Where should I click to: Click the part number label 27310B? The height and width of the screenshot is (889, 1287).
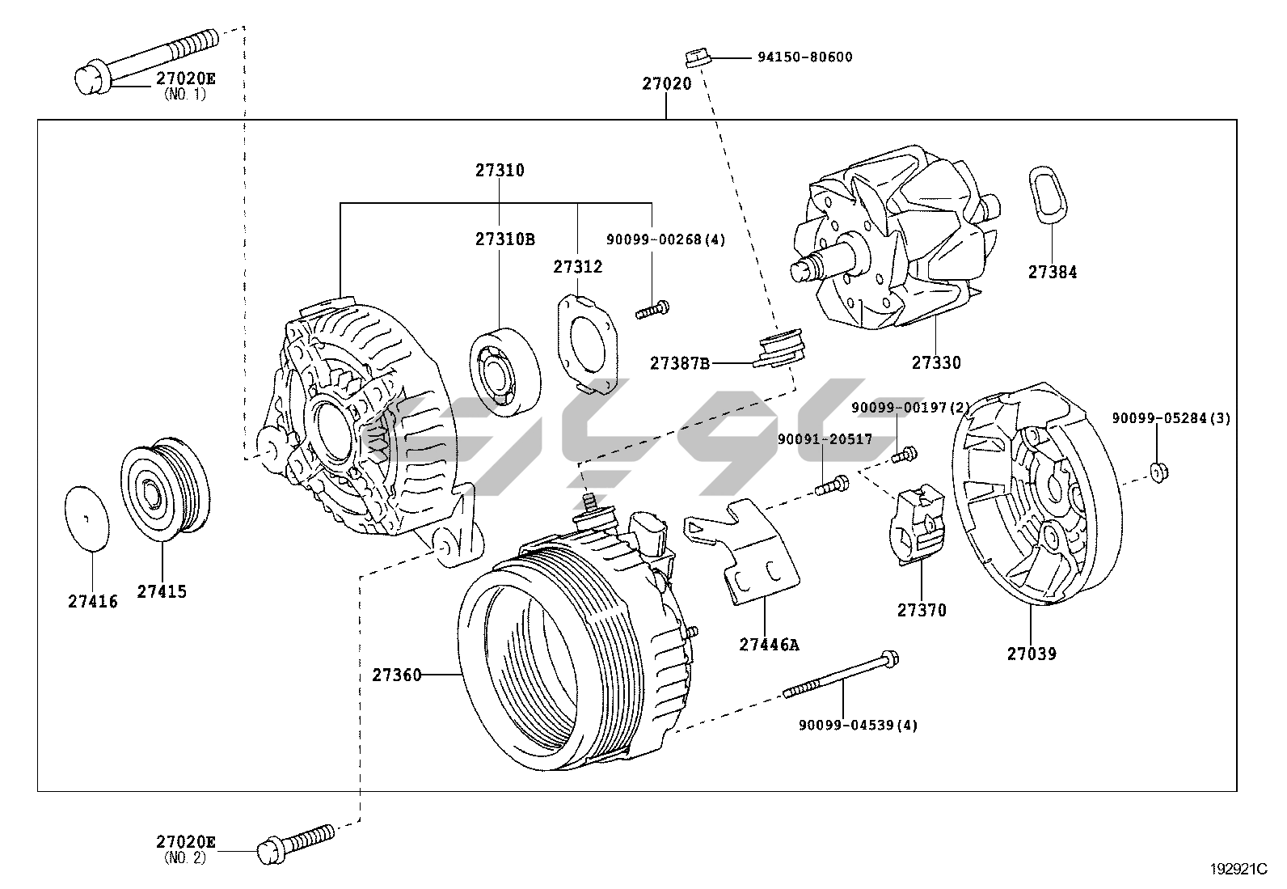(504, 239)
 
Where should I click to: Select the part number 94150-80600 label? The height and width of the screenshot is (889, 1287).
(804, 57)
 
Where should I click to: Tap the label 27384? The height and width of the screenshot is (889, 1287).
(1053, 273)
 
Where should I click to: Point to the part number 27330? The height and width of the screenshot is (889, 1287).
(936, 363)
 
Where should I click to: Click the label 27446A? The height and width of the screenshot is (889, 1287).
(768, 645)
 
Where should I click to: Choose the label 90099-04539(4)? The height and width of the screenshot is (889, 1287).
(858, 725)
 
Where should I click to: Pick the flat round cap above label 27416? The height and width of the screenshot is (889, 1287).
(86, 518)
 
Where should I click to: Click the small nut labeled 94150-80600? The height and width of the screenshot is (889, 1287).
(697, 57)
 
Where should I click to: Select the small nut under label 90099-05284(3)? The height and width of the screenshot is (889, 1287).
(1158, 471)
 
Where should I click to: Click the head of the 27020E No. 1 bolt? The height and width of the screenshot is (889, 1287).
(88, 79)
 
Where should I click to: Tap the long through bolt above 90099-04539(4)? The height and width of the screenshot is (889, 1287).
(841, 675)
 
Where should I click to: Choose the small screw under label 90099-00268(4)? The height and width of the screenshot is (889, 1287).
(652, 309)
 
